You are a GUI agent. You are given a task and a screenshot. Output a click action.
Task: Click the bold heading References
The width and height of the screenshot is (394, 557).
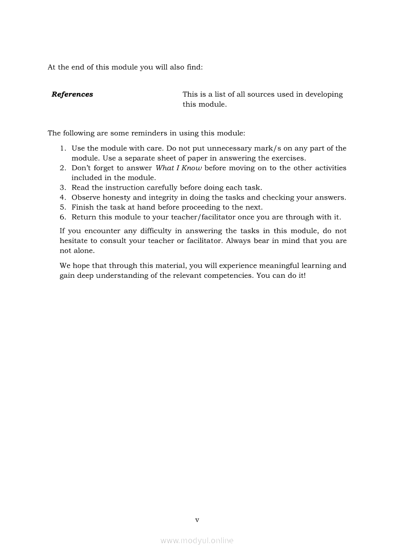[73, 94]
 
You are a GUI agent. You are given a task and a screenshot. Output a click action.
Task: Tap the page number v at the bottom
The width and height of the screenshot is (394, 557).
[197, 520]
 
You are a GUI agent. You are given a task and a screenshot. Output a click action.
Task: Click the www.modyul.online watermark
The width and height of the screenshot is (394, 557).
[197, 540]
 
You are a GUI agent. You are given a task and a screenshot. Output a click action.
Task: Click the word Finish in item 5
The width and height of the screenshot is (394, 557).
[83, 207]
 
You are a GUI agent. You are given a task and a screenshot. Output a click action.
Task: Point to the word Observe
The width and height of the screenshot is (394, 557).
[87, 197]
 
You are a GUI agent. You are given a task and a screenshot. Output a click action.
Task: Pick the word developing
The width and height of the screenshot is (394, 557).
[324, 94]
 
